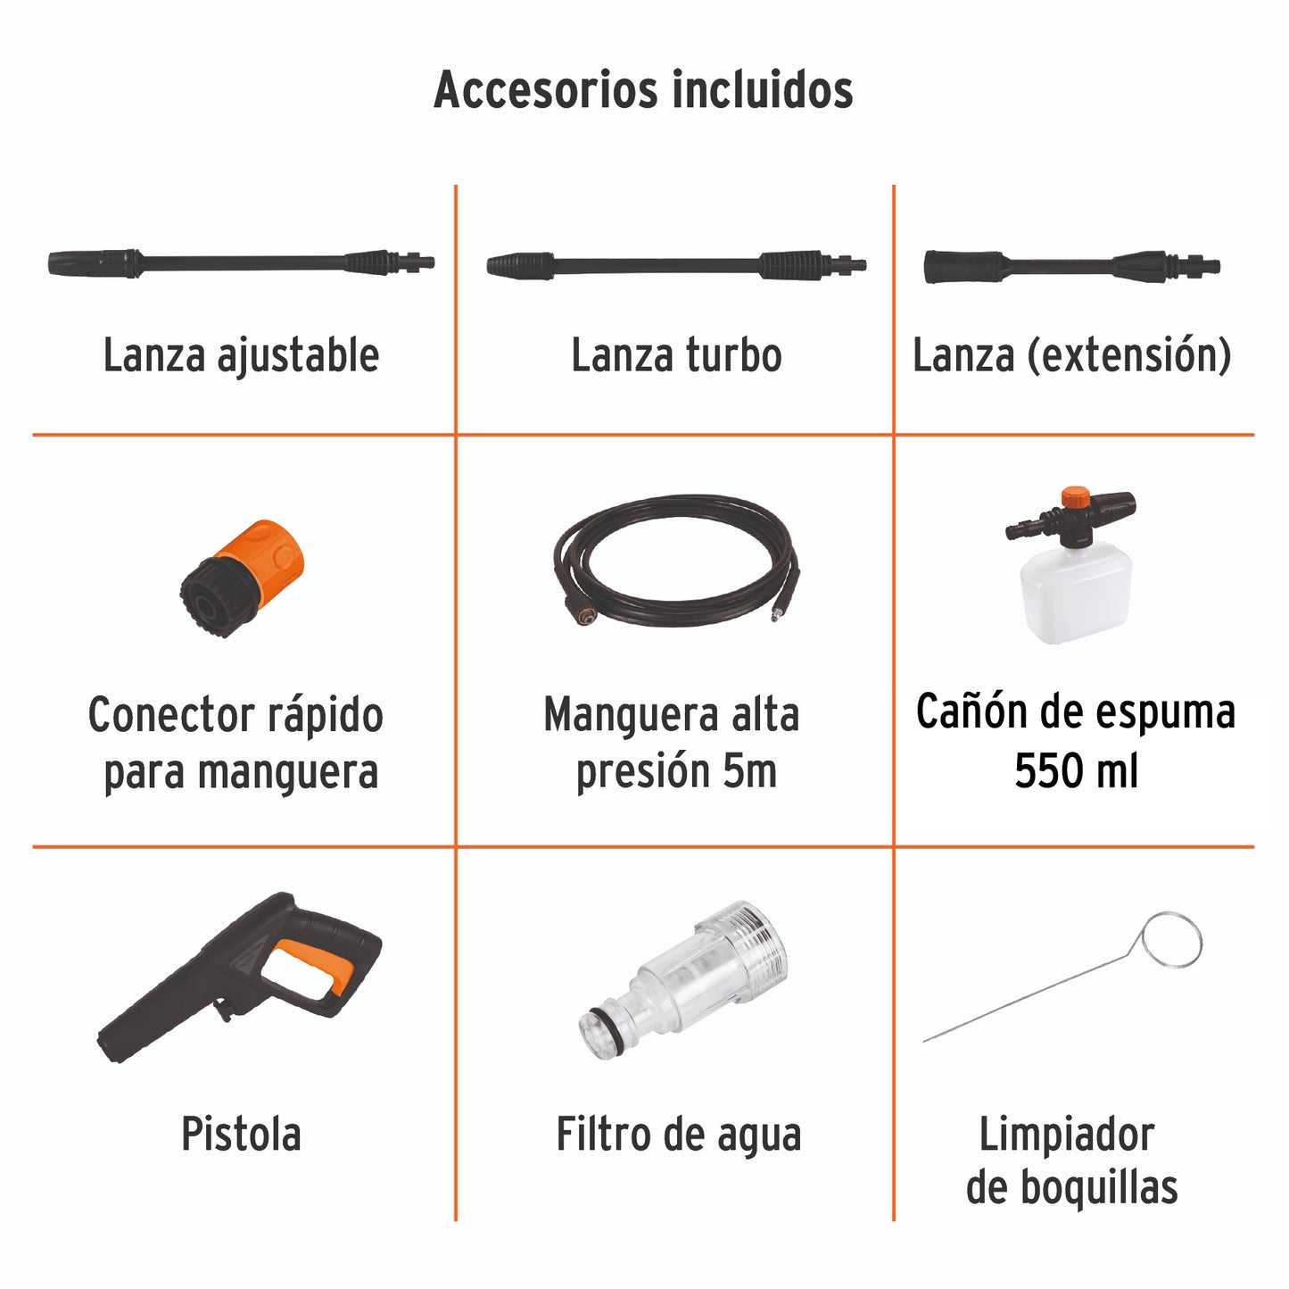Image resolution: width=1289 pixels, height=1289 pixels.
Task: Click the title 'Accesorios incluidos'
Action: pyautogui.click(x=643, y=90)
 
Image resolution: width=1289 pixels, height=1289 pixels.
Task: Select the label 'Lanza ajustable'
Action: pyautogui.click(x=241, y=355)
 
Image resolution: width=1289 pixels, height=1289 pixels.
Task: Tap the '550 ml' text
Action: pyautogui.click(x=1076, y=770)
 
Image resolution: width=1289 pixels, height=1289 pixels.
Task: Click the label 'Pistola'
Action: pyautogui.click(x=241, y=1135)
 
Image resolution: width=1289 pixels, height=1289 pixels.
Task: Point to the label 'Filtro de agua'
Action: pyautogui.click(x=679, y=1135)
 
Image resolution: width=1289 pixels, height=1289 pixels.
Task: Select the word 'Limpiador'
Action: pyautogui.click(x=1067, y=1135)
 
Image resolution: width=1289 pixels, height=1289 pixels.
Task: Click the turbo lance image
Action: pyautogui.click(x=676, y=265)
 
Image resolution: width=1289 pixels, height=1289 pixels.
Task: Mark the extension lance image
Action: pyautogui.click(x=1071, y=266)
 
